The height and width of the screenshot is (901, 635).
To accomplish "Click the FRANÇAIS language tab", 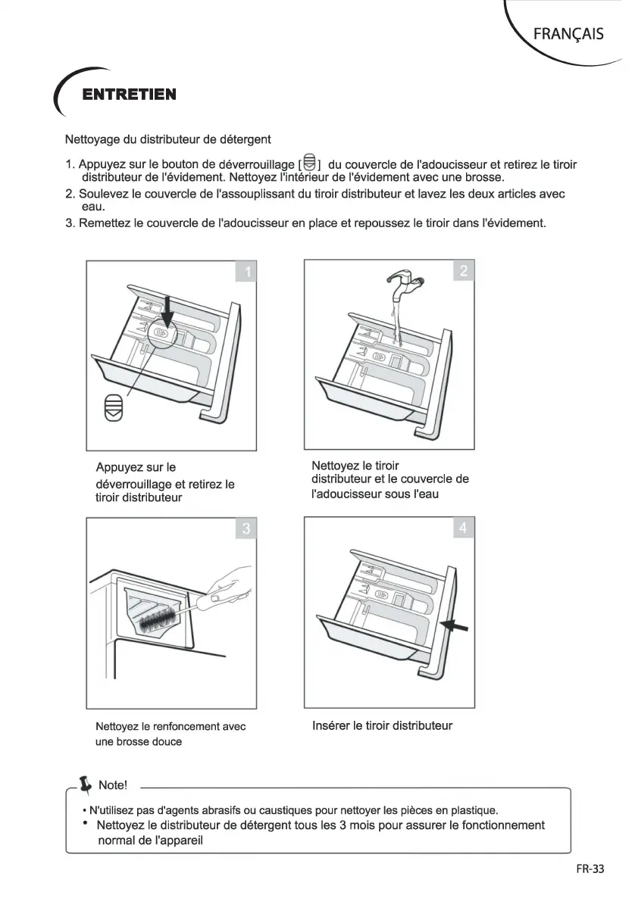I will (x=568, y=34).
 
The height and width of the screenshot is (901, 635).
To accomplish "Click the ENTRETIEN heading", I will (x=130, y=95).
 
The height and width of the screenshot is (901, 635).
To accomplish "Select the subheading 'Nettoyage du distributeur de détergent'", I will (x=168, y=140).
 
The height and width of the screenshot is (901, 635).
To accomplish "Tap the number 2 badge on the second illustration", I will (x=463, y=271).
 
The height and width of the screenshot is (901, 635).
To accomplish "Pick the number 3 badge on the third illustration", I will (x=246, y=528).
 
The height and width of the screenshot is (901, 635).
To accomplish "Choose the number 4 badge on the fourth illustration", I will (x=463, y=528).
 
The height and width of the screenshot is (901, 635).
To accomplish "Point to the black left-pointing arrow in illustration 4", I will (x=455, y=625).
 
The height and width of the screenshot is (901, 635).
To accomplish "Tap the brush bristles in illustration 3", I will (x=158, y=620).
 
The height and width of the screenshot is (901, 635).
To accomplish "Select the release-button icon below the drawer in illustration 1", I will (x=113, y=407).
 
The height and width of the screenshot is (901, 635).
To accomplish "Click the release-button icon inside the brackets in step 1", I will (x=308, y=163).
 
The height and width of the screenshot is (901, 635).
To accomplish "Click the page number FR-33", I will (x=590, y=869).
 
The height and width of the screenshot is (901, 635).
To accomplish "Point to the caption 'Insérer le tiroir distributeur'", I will (x=382, y=725).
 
